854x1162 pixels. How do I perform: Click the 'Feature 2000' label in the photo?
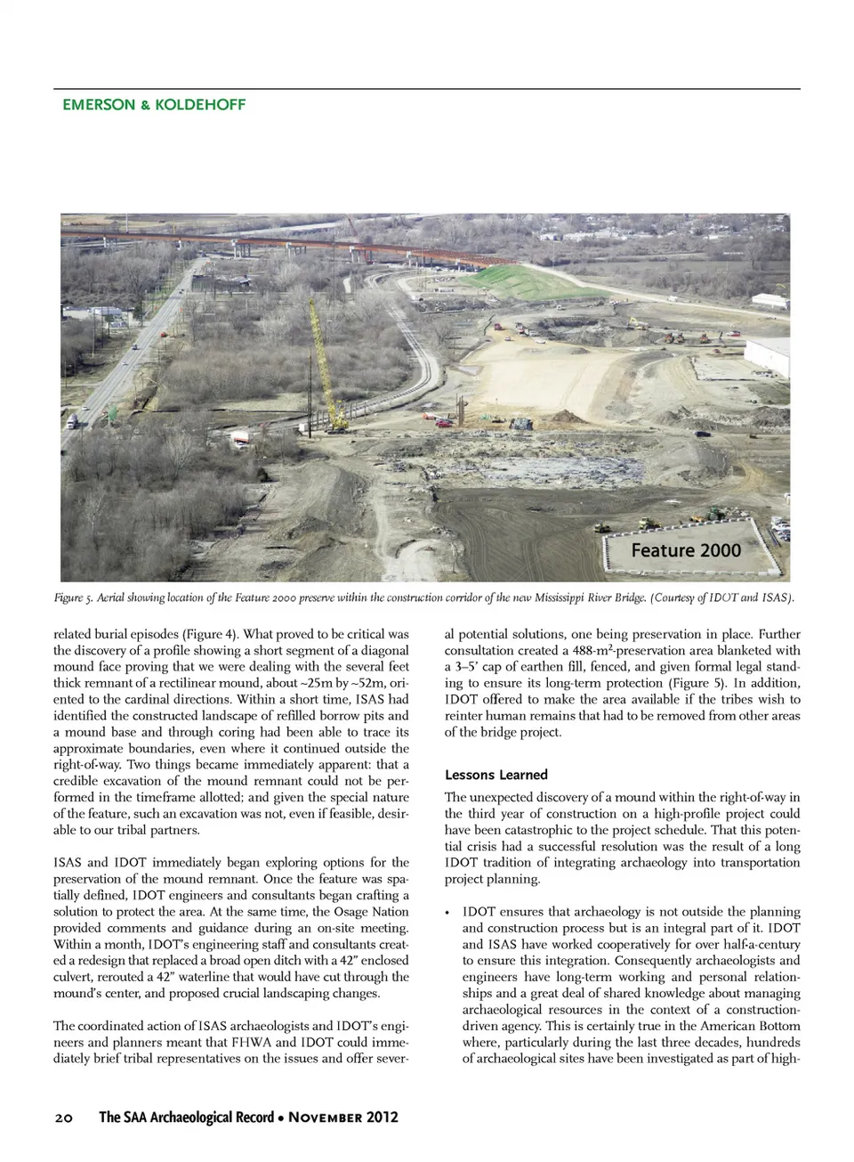coord(686,550)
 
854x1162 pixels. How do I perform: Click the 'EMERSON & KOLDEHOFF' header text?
coord(154,104)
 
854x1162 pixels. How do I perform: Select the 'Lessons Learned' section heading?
coord(496,775)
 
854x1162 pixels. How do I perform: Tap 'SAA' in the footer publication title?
coord(141,1117)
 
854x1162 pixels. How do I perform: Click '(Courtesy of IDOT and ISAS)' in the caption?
coord(721,597)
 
